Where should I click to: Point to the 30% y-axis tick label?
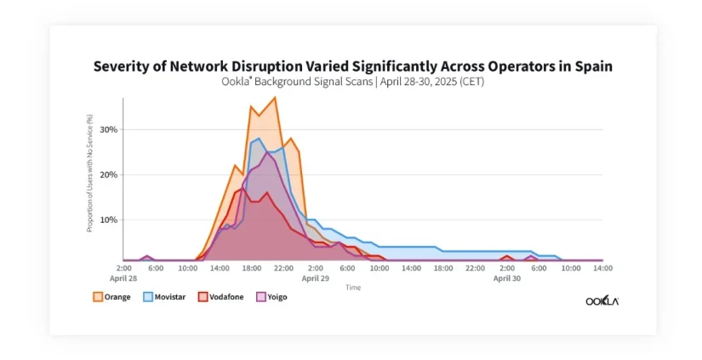(x=107, y=129)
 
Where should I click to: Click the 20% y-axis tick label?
(x=107, y=174)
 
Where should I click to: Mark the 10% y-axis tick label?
(x=107, y=220)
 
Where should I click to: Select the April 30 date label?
(x=507, y=277)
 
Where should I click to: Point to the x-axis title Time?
(x=352, y=288)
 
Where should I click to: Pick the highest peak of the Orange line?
(x=274, y=97)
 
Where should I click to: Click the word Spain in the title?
(x=591, y=66)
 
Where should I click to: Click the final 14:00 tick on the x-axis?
(x=602, y=267)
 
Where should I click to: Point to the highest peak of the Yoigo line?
(x=267, y=152)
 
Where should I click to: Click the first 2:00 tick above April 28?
(x=123, y=267)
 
